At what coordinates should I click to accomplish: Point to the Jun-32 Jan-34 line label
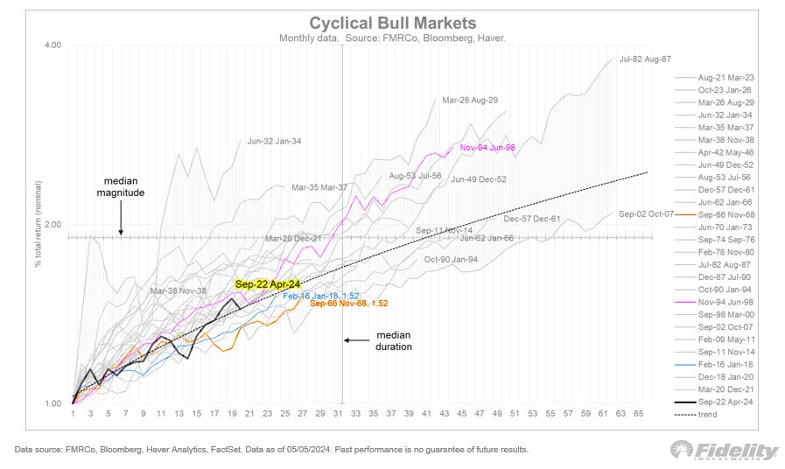point(275,140)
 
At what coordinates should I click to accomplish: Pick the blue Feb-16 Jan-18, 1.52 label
point(321,296)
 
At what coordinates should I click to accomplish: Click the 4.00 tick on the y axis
point(53,45)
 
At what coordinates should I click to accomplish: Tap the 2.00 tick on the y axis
point(53,224)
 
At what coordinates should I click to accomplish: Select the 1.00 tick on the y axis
point(53,403)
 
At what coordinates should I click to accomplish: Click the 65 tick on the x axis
point(640,413)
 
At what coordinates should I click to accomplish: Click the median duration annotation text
point(394,340)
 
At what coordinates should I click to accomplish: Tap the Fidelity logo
point(724,451)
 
